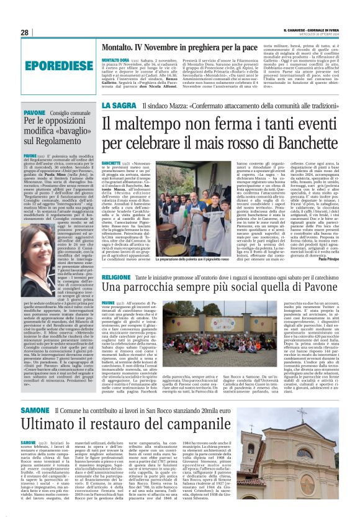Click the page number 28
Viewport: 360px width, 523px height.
coord(24,32)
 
